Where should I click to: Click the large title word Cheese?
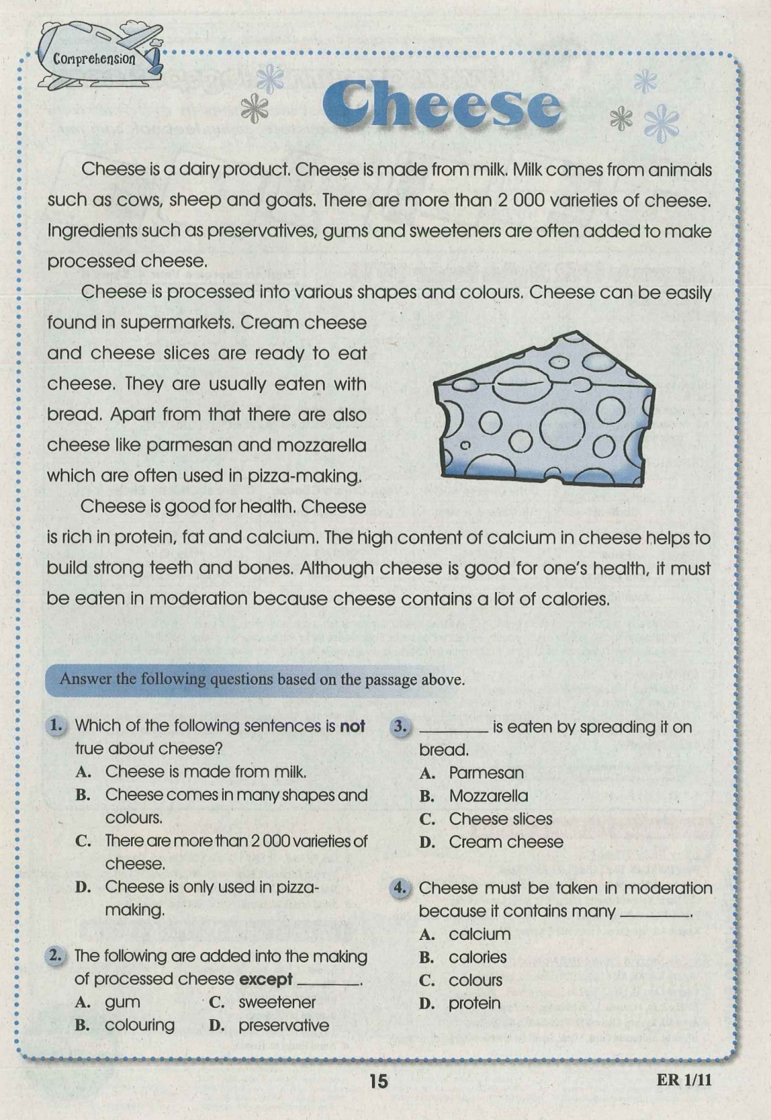coord(443,107)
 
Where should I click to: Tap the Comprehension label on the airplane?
coord(94,59)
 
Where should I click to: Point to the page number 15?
coord(379,1081)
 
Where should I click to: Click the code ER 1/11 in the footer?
coord(684,1080)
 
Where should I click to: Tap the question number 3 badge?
coord(400,727)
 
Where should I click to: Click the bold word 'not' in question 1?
coord(352,726)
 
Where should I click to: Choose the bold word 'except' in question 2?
coord(265,979)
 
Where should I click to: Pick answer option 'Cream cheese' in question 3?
coord(506,842)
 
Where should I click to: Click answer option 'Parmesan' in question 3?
coord(486,773)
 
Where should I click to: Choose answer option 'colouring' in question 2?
coord(139,1025)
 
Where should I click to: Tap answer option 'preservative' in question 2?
coord(283,1025)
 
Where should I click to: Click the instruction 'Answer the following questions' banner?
coord(262,679)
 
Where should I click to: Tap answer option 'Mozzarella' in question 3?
coord(488,796)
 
